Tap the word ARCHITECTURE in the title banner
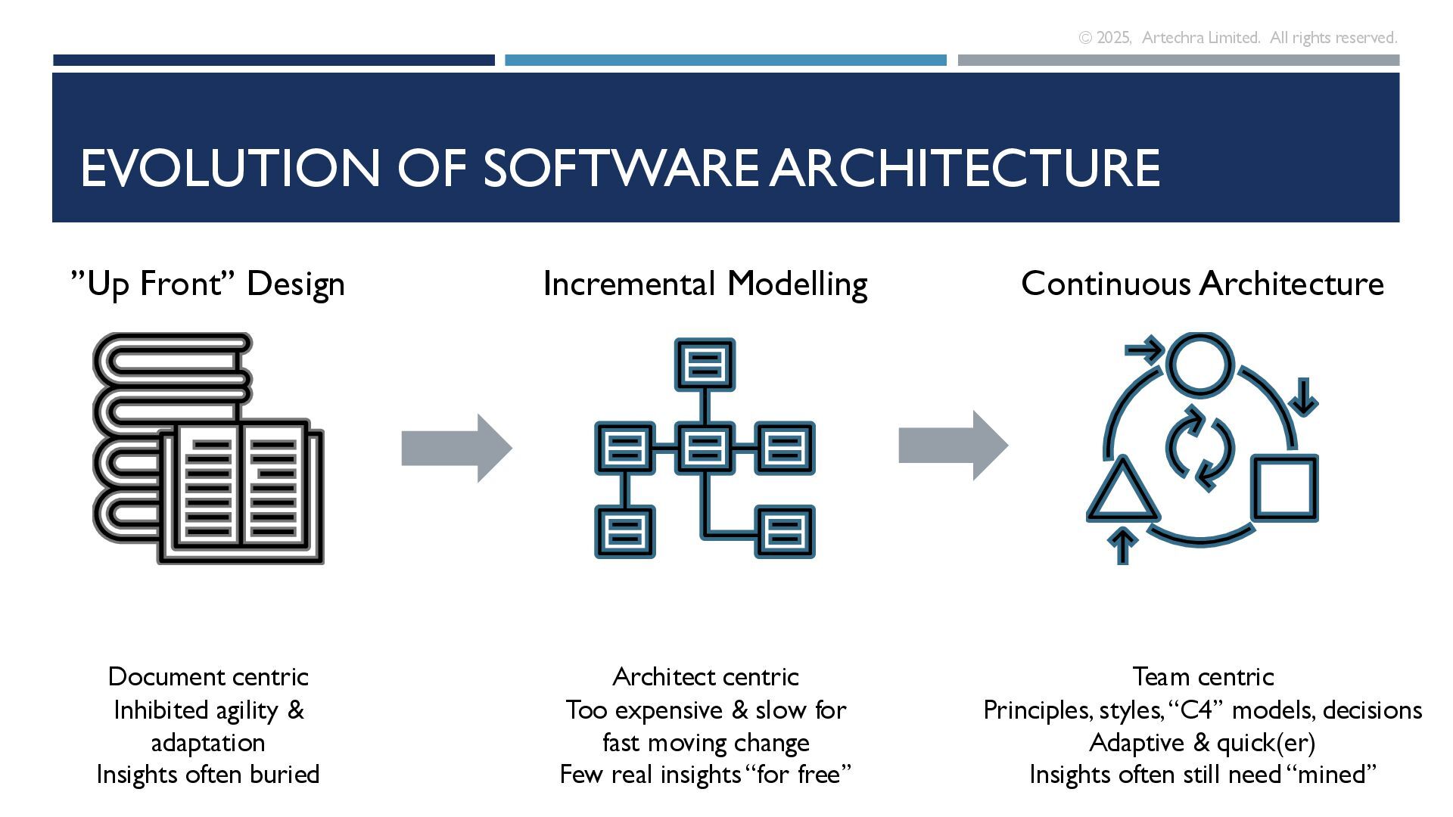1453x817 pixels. click(965, 168)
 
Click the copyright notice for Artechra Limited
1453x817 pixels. click(1237, 38)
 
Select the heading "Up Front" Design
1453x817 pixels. click(208, 284)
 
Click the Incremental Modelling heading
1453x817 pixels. click(705, 284)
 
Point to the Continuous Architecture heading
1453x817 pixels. click(1202, 284)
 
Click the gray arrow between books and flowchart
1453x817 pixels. click(456, 448)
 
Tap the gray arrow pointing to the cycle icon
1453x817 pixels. click(953, 446)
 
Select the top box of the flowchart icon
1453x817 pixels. click(705, 365)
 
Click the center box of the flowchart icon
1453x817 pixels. click(705, 449)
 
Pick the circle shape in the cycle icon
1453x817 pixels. click(1199, 364)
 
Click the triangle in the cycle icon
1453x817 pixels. click(1122, 492)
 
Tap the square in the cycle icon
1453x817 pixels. click(1285, 488)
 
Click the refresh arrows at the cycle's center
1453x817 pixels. click(1200, 449)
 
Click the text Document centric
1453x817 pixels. click(208, 676)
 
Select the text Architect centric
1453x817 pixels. click(705, 676)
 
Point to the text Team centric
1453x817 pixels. click(1203, 676)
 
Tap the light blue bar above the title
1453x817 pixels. click(725, 60)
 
